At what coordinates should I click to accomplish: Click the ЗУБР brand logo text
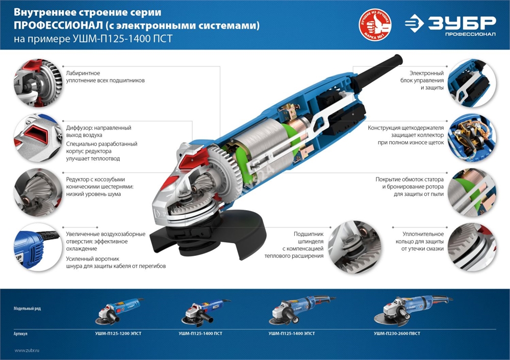[462, 23]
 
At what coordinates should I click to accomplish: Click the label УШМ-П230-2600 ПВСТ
[397, 333]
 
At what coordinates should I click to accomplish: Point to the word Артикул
[21, 333]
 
